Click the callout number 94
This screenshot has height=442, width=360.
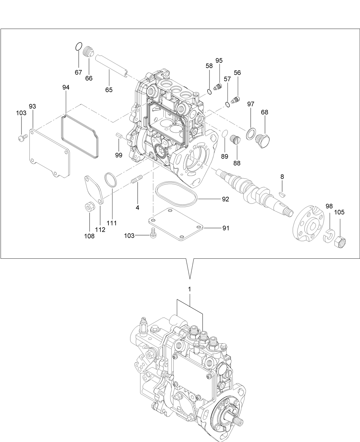click(x=66, y=87)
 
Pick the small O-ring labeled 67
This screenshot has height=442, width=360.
click(x=79, y=46)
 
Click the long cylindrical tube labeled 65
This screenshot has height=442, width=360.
click(x=111, y=65)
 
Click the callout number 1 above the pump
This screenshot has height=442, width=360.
click(x=189, y=289)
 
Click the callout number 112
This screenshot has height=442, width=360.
click(x=100, y=229)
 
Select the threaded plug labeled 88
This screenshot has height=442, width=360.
click(x=236, y=140)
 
